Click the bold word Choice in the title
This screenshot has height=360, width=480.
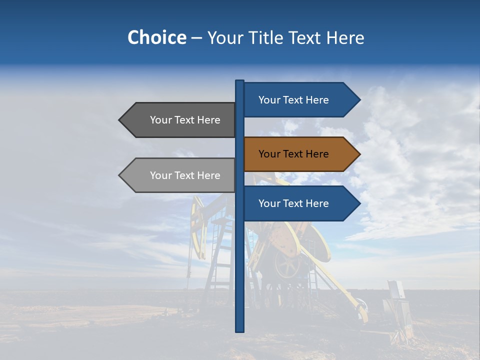coord(156,37)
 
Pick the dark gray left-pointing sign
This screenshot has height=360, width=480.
coord(180,120)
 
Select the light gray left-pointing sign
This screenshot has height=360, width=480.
coord(180,175)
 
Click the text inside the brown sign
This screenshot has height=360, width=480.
coord(293,154)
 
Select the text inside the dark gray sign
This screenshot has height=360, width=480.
coord(185,120)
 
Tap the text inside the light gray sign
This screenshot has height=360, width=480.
coord(185,175)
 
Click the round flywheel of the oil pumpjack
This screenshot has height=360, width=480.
coord(287,266)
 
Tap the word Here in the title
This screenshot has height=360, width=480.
coord(345,37)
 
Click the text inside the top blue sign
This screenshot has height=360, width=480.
coord(293,100)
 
